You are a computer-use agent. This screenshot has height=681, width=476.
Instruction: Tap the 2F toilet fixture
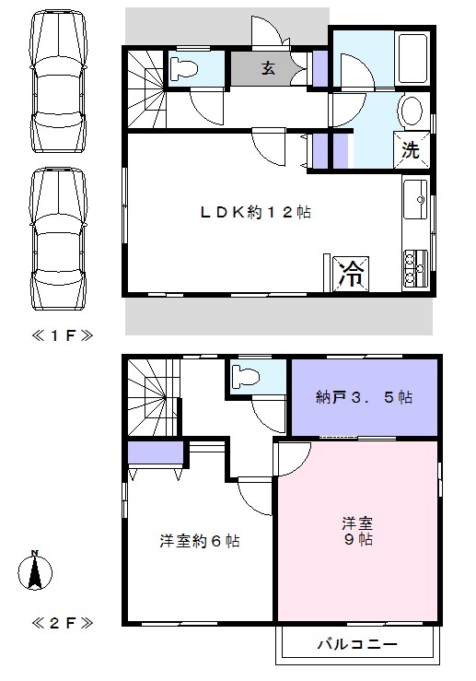pos(246,377)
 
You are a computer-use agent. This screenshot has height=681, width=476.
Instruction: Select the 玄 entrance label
pos(267,68)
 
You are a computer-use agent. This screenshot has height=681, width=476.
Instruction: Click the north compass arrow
pos(35,572)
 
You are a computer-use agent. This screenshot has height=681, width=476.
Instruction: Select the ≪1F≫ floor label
pos(61,335)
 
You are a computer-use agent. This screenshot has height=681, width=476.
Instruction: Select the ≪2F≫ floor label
pos(61,623)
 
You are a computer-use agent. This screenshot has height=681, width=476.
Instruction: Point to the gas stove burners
pos(414,266)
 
